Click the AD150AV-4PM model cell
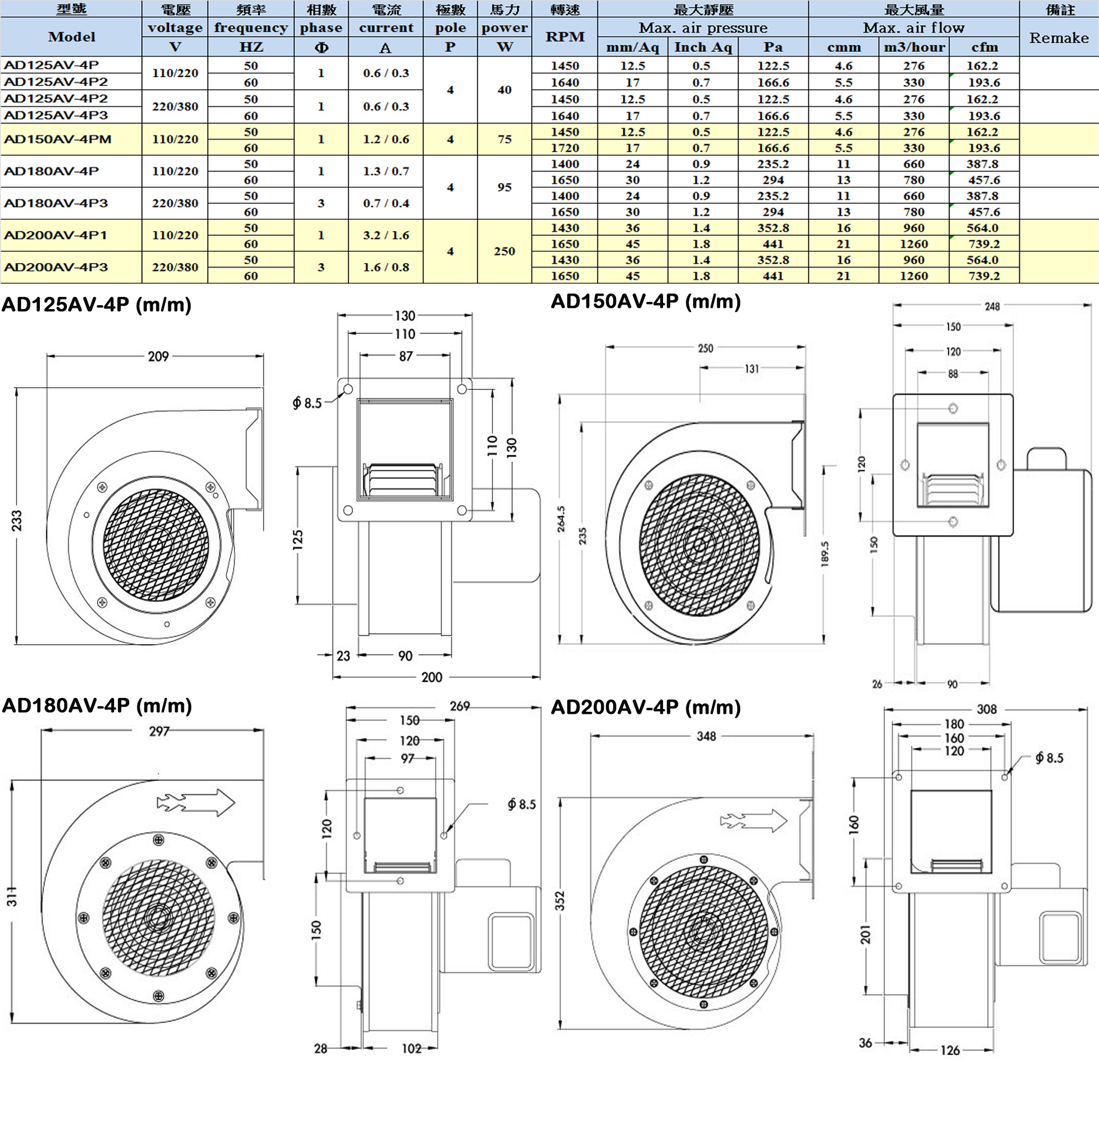tap(58, 139)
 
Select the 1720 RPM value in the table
tap(564, 148)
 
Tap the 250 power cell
tap(504, 251)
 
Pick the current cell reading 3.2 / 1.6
tap(386, 235)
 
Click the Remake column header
tap(1058, 37)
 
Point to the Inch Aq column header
tap(702, 47)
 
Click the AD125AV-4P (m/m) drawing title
tap(96, 305)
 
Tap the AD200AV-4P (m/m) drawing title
tap(645, 707)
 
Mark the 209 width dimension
tap(158, 356)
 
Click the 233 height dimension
tap(17, 521)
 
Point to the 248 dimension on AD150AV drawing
tap(992, 306)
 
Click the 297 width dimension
tap(159, 731)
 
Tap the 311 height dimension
tap(12, 897)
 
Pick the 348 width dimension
tap(706, 737)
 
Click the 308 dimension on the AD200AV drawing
tap(987, 709)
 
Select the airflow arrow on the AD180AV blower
tap(196, 803)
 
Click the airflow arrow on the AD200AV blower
tap(754, 821)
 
